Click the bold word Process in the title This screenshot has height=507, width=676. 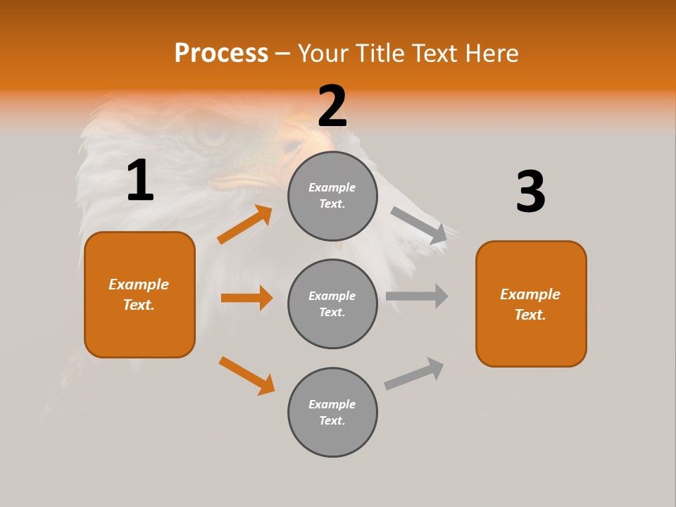221,54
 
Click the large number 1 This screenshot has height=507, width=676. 140,181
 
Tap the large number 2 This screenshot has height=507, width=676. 332,106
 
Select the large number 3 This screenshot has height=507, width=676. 530,192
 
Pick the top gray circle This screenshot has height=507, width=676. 332,196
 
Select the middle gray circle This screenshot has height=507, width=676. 332,303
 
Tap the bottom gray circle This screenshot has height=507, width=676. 332,412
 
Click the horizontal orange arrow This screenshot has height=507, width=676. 246,298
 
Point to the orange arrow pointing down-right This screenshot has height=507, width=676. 246,375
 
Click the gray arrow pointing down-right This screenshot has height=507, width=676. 419,225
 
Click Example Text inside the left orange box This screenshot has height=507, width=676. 139,294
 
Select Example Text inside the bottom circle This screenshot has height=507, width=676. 332,412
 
